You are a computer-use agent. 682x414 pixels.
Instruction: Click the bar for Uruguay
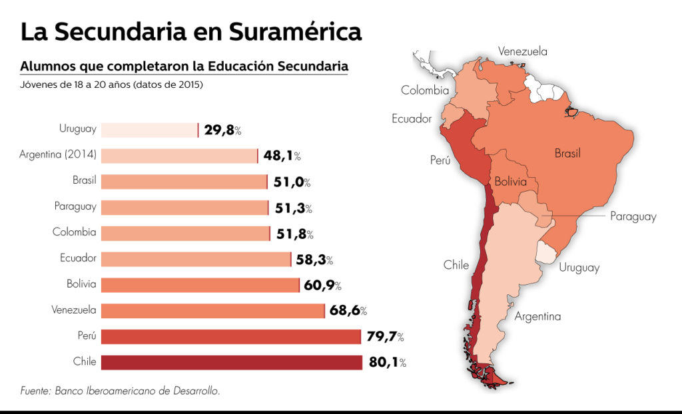[150, 130]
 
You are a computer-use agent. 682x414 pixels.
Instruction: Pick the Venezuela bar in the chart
[213, 310]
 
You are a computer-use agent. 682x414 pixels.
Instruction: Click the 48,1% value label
[282, 156]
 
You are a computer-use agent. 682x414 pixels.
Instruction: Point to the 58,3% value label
[314, 260]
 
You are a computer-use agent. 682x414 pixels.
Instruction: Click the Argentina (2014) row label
[58, 155]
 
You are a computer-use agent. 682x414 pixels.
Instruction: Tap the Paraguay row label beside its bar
[75, 206]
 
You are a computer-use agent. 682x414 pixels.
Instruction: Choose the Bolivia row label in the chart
[81, 284]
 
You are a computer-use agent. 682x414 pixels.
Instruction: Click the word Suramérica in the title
[296, 31]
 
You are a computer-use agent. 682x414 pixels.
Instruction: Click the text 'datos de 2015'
[169, 85]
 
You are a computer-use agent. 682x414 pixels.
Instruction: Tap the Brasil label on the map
[567, 153]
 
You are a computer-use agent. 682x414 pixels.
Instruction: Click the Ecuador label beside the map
[412, 118]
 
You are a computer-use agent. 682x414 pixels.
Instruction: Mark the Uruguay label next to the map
[579, 268]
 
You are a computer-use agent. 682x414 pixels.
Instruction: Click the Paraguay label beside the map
[633, 216]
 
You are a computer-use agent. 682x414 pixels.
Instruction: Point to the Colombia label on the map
[425, 91]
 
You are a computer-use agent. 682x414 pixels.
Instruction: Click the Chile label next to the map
[456, 265]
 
